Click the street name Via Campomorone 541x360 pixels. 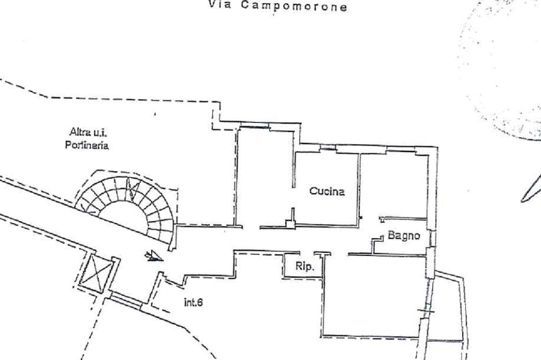coord(278,6)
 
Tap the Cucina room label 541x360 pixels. coord(327,192)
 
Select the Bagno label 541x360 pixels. coord(404,235)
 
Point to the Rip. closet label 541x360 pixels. coord(304,267)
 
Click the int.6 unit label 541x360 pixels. coord(193,302)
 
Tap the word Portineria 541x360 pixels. coord(87,145)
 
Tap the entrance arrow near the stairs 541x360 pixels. coord(154,256)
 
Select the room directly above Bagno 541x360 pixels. coord(394,185)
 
